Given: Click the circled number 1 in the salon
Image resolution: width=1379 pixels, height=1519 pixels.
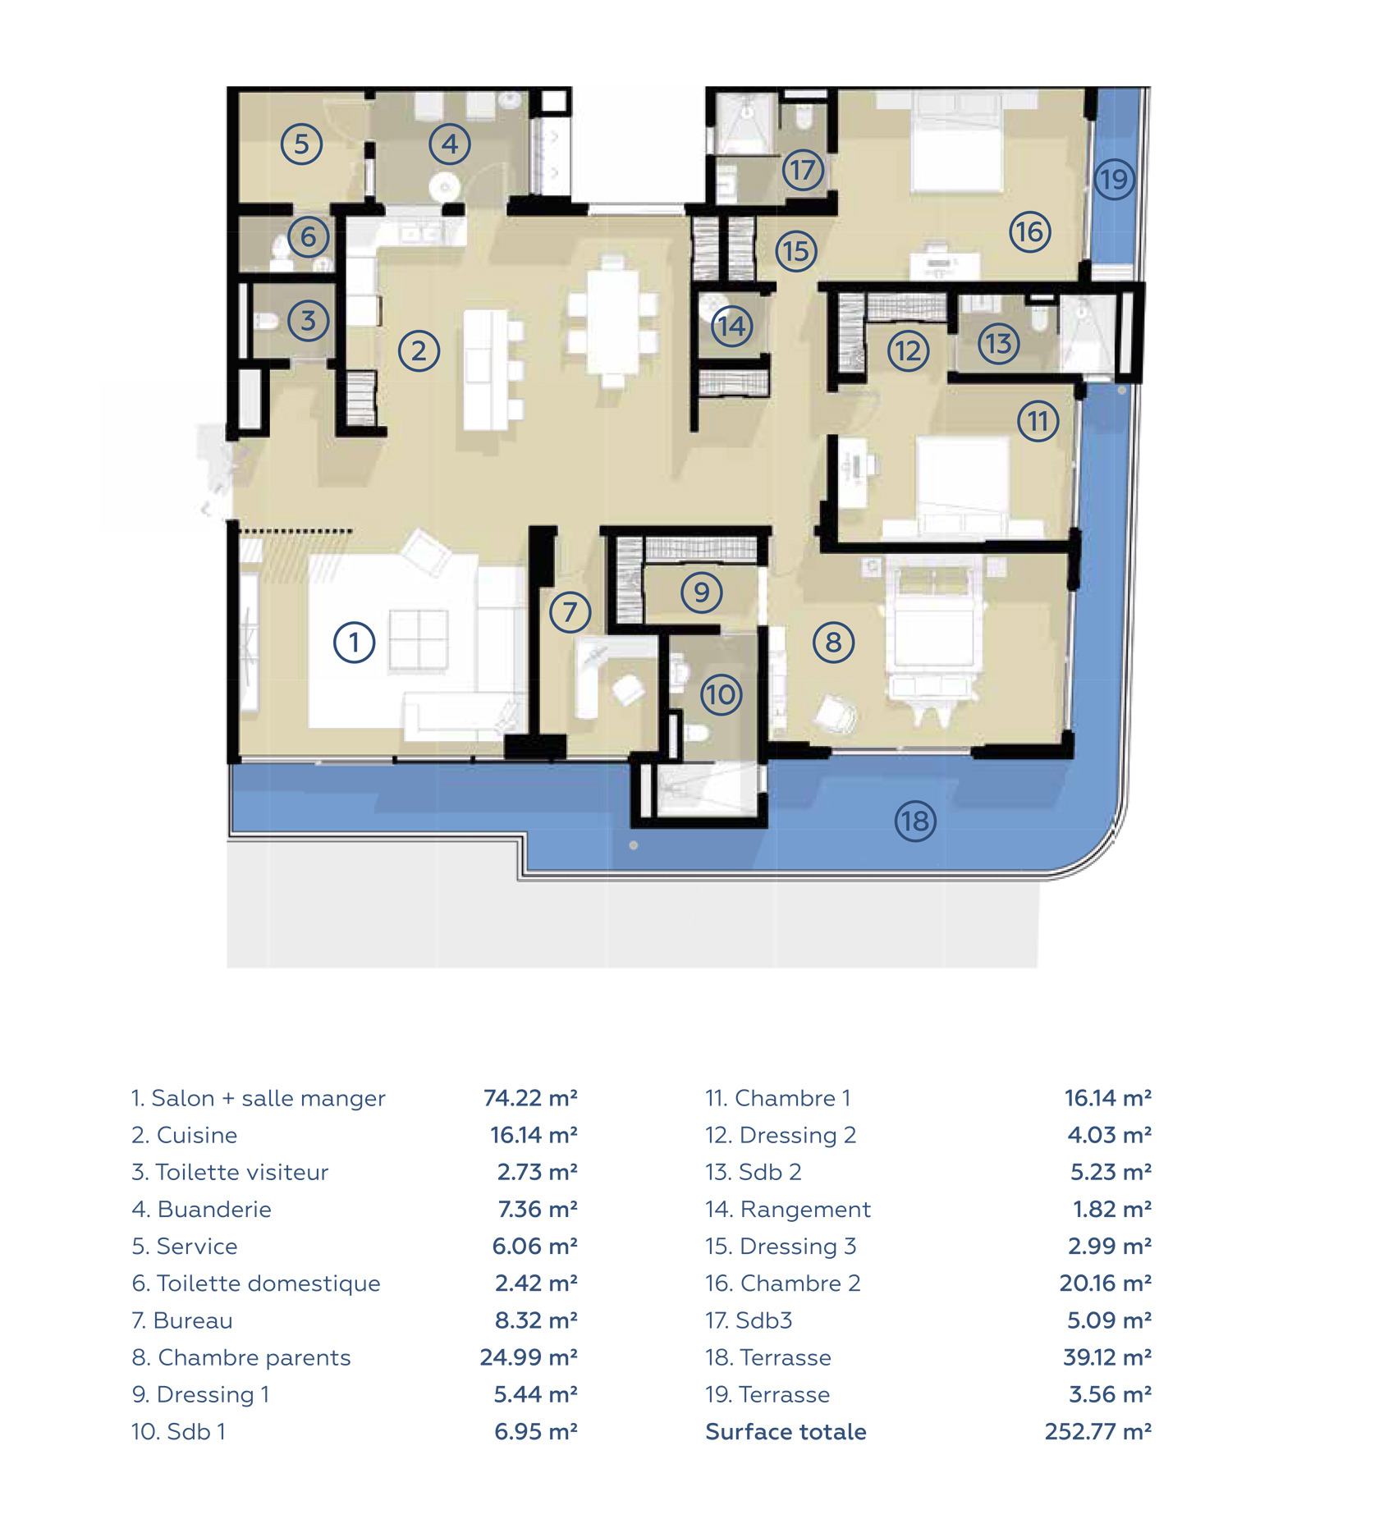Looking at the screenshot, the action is tap(354, 643).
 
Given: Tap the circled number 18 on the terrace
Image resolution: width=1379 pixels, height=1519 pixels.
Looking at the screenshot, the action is tap(915, 821).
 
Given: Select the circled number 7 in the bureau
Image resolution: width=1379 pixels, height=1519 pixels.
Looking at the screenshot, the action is tap(570, 611).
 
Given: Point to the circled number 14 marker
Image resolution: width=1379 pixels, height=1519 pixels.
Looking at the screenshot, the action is tap(731, 327).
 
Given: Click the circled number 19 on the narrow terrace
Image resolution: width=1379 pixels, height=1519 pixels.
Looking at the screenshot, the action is tap(1114, 179).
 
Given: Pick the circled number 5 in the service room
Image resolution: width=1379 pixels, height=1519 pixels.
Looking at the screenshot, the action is tap(301, 144).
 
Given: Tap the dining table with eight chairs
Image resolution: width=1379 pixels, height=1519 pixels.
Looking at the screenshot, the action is tap(612, 322).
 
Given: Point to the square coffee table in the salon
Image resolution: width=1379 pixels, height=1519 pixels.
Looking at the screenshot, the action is tap(419, 639).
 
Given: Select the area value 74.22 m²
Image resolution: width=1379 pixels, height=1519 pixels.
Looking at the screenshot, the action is tap(530, 1098).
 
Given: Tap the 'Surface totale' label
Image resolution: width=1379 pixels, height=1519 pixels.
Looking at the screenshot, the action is tap(786, 1432).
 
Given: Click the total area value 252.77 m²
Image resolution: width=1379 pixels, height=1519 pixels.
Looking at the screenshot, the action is tap(1097, 1432).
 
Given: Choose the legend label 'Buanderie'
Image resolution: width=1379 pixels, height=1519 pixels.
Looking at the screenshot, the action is tap(214, 1210).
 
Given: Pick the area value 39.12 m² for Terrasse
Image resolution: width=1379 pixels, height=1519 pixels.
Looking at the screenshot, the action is tap(1107, 1357).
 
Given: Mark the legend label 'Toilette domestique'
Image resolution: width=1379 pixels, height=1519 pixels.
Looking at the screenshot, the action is tap(268, 1283).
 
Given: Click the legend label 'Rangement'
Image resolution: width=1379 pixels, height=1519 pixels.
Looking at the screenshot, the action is tap(805, 1210).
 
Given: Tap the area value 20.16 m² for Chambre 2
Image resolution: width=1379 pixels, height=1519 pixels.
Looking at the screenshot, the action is tap(1105, 1283).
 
